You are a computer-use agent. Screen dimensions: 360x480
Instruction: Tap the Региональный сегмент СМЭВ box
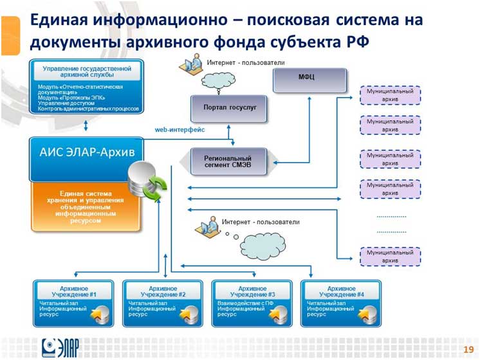point(227,161)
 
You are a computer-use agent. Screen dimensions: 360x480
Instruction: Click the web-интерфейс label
point(180,129)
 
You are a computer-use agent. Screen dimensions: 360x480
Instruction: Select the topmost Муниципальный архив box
point(390,95)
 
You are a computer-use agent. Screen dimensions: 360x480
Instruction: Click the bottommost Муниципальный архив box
point(390,256)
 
